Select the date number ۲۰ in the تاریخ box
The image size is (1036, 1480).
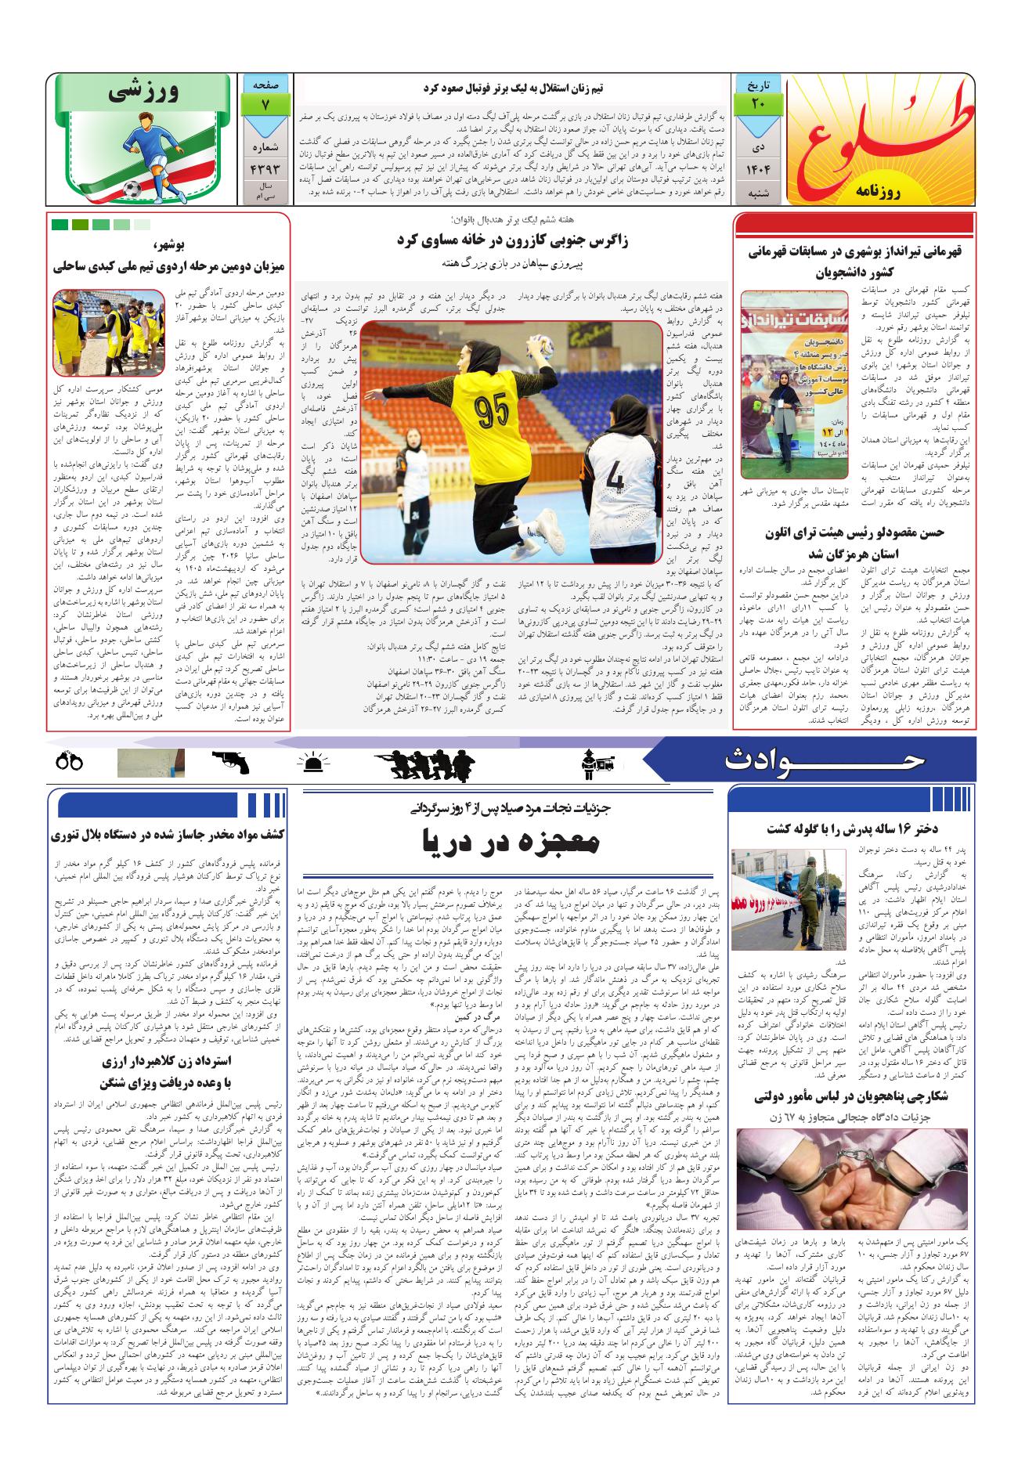tap(756, 102)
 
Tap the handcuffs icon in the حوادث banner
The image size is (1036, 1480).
tap(70, 762)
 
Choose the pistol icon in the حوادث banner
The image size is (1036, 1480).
tap(229, 762)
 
